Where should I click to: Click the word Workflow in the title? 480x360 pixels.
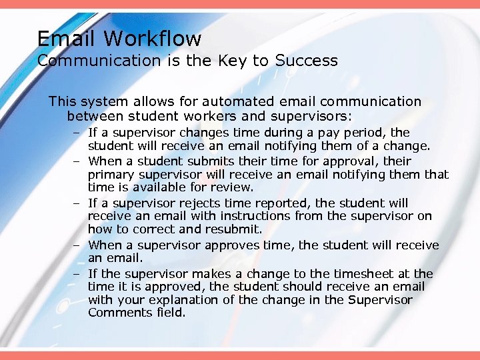pos(158,39)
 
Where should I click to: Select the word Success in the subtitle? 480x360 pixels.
pos(307,61)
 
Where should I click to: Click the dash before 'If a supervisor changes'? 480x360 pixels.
pos(77,133)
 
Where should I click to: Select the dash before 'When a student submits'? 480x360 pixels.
pos(77,161)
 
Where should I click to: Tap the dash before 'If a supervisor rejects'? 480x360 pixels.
pos(77,203)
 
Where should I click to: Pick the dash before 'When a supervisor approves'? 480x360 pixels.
pos(77,245)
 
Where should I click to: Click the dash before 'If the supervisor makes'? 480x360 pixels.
pos(77,274)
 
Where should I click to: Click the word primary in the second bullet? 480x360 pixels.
pos(109,175)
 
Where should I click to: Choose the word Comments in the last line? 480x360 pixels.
pos(117,313)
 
